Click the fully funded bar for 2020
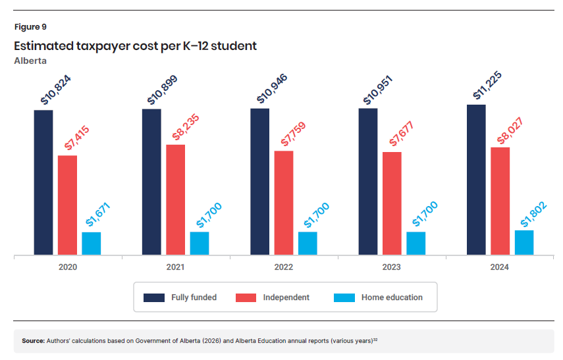[x=43, y=182]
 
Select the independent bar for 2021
[x=175, y=199]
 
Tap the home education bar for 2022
[x=308, y=243]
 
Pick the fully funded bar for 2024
[x=476, y=180]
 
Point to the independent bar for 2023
[x=392, y=203]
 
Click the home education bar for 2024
[x=524, y=242]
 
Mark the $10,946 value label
[x=273, y=89]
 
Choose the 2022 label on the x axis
[x=283, y=267]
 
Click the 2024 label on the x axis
[x=499, y=267]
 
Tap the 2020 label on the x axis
[x=67, y=267]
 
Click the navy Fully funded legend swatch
[x=154, y=297]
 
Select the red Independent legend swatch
[x=246, y=297]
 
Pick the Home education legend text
[x=392, y=297]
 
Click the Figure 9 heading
[x=30, y=27]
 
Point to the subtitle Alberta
[x=30, y=61]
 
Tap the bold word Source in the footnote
[x=33, y=341]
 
